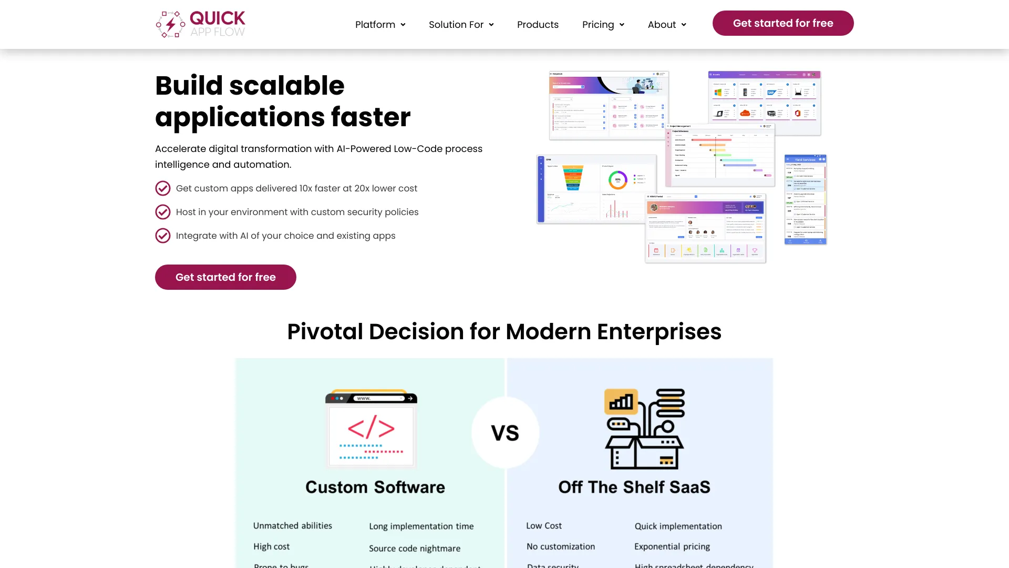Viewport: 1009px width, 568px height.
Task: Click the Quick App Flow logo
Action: pos(200,24)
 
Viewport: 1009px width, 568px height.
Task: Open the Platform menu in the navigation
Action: pos(380,25)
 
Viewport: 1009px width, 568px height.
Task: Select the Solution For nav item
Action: pos(461,25)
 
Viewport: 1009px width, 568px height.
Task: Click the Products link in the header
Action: pos(538,25)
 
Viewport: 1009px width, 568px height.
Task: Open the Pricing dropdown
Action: pos(603,25)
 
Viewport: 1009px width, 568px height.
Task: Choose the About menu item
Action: pos(667,25)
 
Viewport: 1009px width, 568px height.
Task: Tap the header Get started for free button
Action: pos(783,23)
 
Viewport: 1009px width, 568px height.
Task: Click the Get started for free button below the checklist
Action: pos(225,277)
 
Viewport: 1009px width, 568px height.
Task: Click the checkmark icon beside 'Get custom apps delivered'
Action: pos(163,188)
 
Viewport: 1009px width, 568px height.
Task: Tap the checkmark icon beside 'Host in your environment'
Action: pos(163,212)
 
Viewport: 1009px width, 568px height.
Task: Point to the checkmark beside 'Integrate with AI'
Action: pos(163,236)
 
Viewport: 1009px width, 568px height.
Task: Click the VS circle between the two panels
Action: pos(505,432)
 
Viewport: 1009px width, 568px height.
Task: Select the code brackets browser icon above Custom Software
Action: pos(371,428)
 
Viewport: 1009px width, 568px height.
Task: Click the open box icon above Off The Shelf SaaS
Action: pos(644,429)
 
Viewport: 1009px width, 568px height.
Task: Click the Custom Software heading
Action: pos(375,487)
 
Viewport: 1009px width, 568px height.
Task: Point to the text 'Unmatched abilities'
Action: pos(293,526)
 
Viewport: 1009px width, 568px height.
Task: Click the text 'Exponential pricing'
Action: pos(672,547)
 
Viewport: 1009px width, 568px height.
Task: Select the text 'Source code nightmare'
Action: pos(415,549)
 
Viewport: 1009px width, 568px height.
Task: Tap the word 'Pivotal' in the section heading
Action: pos(325,332)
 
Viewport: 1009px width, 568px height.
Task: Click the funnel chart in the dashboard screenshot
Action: pos(573,178)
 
